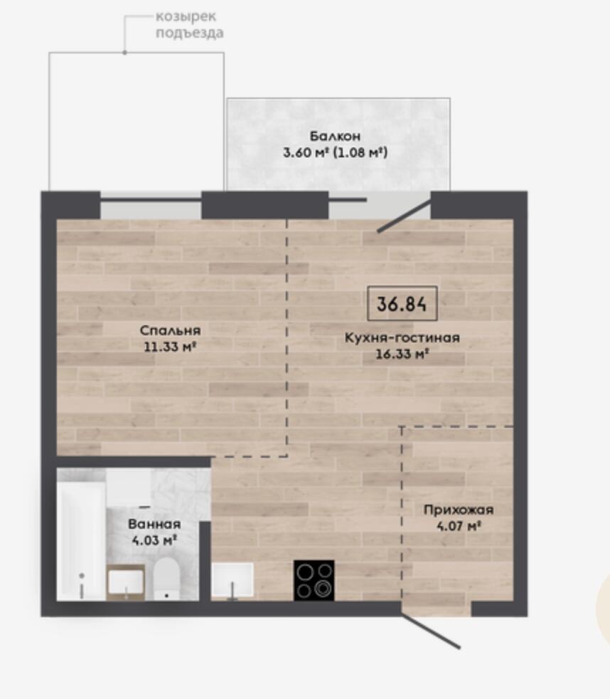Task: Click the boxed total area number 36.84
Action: point(402,303)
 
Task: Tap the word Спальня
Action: point(170,331)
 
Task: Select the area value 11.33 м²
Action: point(170,347)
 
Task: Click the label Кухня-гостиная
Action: point(402,337)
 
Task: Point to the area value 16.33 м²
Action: point(402,354)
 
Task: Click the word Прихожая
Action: point(459,510)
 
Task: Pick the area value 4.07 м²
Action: point(459,526)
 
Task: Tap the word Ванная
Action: point(154,524)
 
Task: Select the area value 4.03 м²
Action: point(154,540)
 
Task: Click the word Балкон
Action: point(335,136)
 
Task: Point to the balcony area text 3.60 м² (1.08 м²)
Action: point(336,152)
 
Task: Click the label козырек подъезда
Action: point(189,24)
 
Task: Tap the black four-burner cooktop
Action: point(314,580)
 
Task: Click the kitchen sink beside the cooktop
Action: point(232,580)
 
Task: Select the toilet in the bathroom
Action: point(166,578)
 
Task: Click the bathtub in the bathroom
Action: point(82,541)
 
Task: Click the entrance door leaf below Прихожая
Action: point(430,631)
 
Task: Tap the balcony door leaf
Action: point(405,216)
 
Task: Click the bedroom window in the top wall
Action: point(151,205)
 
